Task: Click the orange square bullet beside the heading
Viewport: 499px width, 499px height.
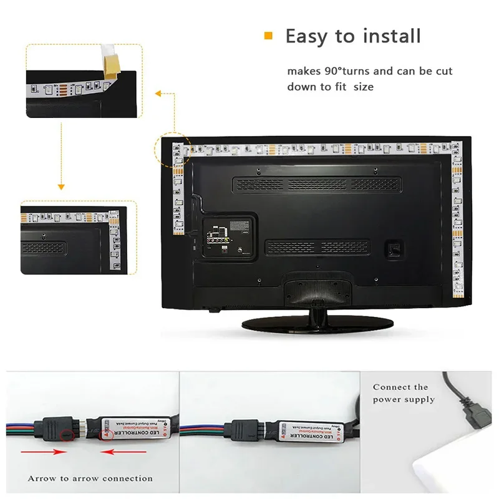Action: pyautogui.click(x=269, y=36)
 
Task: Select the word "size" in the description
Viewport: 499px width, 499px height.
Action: pyautogui.click(x=364, y=87)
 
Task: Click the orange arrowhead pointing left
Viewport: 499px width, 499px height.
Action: pyautogui.click(x=157, y=94)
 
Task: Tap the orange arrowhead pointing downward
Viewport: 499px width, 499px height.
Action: pyautogui.click(x=61, y=186)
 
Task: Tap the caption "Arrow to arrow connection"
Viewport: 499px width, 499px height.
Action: pyautogui.click(x=90, y=478)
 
